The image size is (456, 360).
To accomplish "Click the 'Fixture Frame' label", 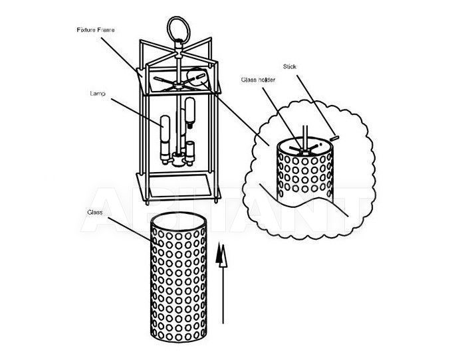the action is (x=96, y=30).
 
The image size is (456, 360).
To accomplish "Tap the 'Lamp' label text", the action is (x=98, y=94).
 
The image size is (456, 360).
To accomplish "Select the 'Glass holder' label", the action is (x=258, y=80).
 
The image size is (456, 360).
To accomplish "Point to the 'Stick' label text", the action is (x=290, y=66).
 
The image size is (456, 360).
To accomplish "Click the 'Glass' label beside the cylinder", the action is (x=95, y=212).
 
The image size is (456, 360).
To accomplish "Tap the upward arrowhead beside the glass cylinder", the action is (x=221, y=255).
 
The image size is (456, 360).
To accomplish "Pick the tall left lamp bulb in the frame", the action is (x=165, y=128).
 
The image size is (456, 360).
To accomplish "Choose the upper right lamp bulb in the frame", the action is (x=190, y=110).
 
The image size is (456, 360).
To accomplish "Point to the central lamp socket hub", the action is (x=177, y=159).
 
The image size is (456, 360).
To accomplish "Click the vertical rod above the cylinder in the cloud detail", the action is (x=305, y=137).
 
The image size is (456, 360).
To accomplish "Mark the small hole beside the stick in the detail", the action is (x=320, y=144).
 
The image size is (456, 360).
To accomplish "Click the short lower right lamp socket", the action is (x=190, y=150).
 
